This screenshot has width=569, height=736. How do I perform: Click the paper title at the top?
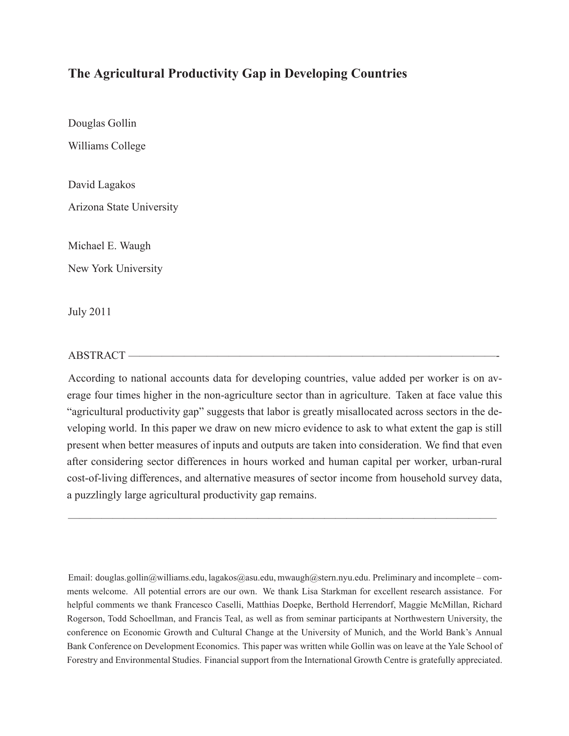tap(237, 74)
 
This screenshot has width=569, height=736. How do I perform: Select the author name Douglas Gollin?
tap(102, 123)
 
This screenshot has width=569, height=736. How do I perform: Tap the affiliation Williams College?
tap(107, 146)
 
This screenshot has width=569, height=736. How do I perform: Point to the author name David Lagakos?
tap(101, 185)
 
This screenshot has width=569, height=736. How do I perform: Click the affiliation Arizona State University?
tap(123, 207)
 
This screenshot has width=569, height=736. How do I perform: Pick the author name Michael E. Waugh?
tap(109, 246)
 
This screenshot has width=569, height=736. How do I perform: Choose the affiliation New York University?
tap(115, 269)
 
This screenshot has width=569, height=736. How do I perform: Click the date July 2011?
tap(89, 312)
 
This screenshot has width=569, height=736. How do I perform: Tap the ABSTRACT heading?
tap(96, 356)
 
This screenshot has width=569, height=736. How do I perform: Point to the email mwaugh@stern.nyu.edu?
tap(324, 578)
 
